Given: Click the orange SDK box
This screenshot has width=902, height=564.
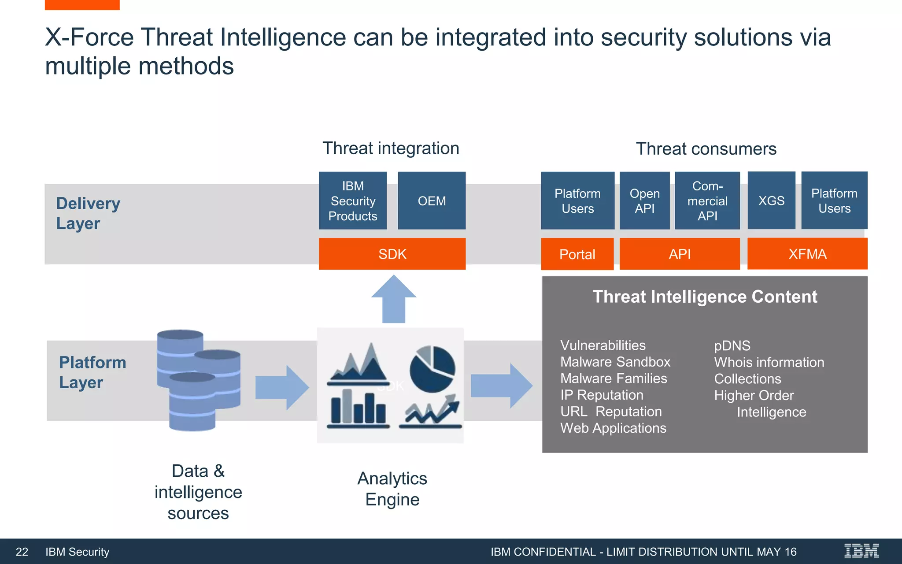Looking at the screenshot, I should (392, 254).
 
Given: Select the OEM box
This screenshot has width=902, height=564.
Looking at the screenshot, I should (432, 201).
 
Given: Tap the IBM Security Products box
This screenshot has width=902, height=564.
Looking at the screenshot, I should (353, 201).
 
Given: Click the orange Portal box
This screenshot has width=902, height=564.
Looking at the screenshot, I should (577, 254).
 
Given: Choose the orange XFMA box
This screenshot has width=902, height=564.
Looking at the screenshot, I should (807, 254).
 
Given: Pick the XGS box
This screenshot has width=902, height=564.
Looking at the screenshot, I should (771, 200).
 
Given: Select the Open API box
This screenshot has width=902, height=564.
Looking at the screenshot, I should (644, 201).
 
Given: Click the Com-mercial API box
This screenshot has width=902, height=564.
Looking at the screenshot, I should (707, 201).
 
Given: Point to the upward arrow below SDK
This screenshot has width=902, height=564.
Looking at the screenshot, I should (394, 300).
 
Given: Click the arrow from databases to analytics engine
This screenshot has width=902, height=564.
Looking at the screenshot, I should (282, 387).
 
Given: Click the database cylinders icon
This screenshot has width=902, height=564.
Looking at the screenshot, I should (198, 379).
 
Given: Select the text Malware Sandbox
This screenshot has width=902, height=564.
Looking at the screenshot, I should (615, 362).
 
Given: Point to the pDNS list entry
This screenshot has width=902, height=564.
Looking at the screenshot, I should (732, 345).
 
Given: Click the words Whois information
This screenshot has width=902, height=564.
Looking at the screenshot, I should (769, 362).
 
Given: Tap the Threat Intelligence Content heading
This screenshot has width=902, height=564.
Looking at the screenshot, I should (705, 297).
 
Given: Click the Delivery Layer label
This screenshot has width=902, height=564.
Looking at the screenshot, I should (88, 213).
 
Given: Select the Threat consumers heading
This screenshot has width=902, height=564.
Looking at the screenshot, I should (706, 149).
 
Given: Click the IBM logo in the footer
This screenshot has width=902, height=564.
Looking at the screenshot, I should (861, 551).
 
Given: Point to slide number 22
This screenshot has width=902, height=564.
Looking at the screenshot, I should (22, 552).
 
